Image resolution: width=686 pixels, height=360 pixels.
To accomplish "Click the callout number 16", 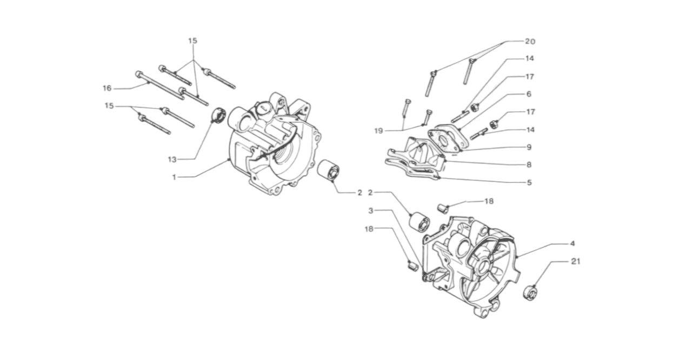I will [106, 88].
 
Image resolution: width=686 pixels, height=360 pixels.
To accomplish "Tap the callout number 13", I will [172, 159].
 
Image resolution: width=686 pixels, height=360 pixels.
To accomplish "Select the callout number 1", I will [174, 177].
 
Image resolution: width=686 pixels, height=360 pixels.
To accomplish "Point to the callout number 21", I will [575, 262].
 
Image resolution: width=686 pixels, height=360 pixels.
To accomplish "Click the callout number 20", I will [530, 41].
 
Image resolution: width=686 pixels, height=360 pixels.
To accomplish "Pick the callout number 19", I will [378, 130].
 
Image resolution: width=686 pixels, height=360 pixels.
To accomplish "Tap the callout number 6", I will [529, 94].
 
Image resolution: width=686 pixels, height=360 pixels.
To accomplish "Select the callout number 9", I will [529, 146].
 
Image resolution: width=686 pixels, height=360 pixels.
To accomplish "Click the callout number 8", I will [529, 164].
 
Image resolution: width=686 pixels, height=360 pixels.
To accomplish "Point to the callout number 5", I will [529, 182].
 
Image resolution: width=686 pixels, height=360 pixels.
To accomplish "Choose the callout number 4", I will [572, 243].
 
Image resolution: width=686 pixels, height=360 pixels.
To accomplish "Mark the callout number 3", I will [371, 210].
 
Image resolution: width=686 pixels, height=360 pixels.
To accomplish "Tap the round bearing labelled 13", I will [218, 115].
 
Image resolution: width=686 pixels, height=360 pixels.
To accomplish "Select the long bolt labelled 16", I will [159, 89].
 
